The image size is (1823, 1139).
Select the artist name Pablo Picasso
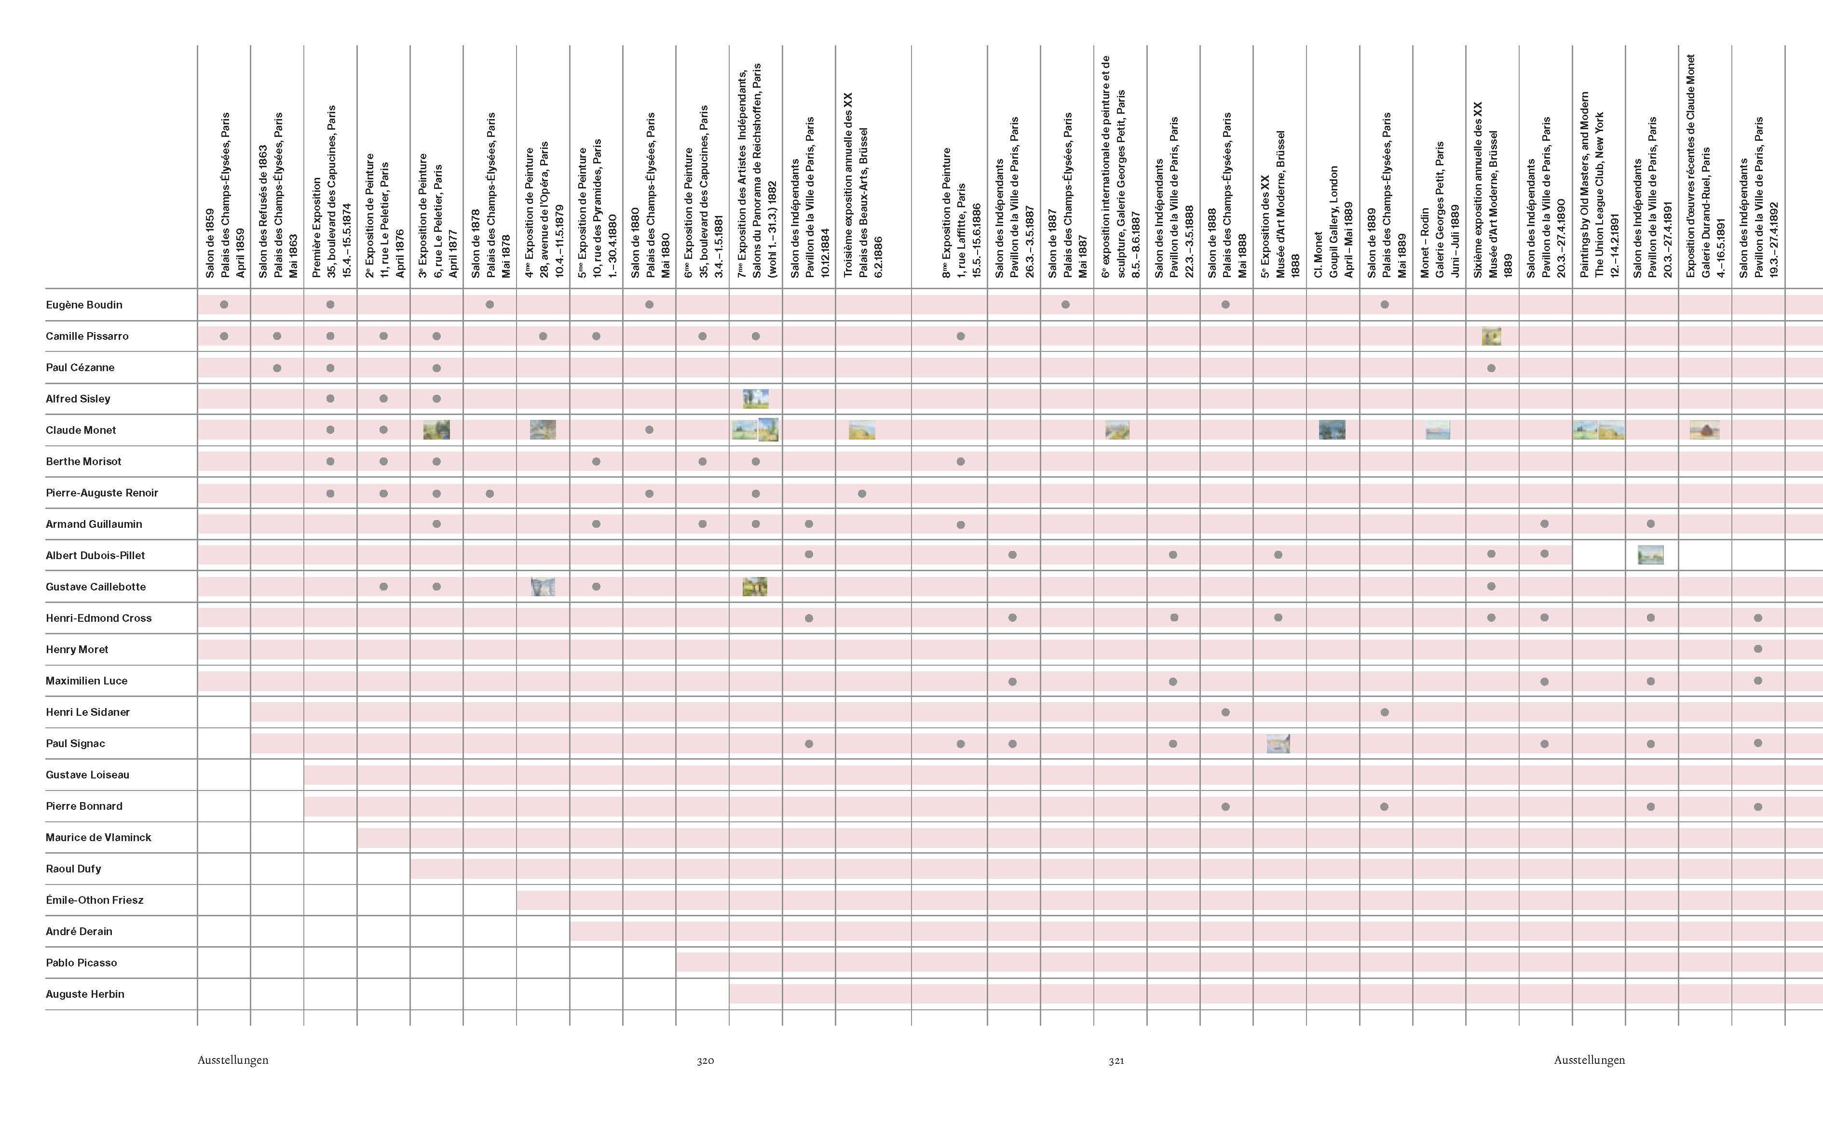click(82, 963)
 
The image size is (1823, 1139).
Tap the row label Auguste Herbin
click(85, 994)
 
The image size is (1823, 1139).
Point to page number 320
click(705, 1060)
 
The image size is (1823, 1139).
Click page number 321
click(1116, 1060)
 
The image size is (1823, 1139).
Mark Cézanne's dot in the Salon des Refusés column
click(277, 368)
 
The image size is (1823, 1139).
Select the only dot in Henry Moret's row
click(1757, 649)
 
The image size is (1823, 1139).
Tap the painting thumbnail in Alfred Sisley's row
click(755, 399)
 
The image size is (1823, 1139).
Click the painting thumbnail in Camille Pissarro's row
click(1491, 336)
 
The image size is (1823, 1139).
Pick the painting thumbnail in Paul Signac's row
click(1278, 744)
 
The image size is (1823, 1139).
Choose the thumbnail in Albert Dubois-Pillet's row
click(1650, 555)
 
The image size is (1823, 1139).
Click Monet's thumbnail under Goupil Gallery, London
click(1332, 430)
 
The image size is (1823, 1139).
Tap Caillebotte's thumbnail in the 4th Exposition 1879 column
click(543, 587)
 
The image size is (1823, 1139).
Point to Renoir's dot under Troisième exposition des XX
click(862, 494)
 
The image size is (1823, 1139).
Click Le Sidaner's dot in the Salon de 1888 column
click(1225, 712)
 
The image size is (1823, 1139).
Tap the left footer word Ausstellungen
click(233, 1060)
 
